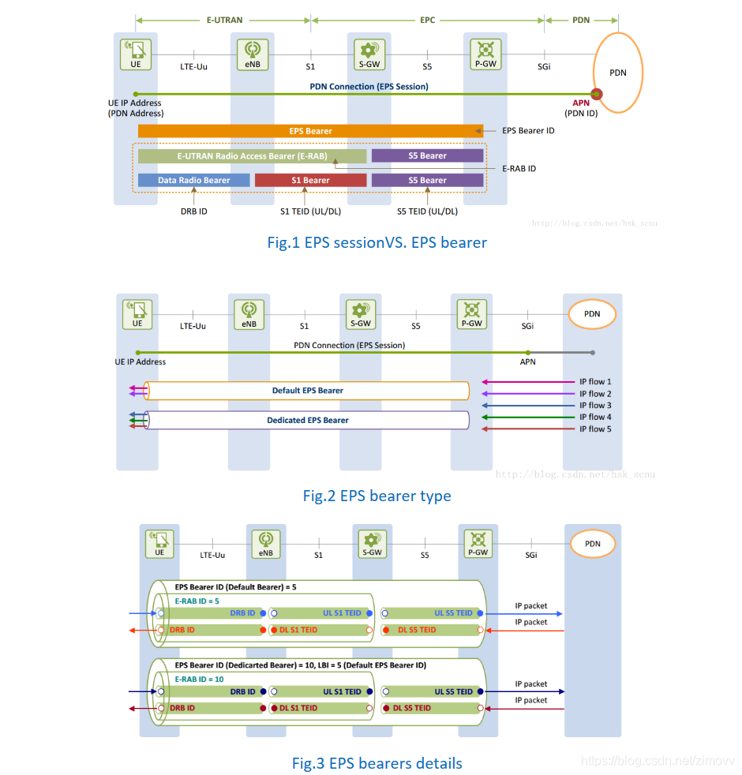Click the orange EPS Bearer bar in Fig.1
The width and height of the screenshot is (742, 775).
point(310,131)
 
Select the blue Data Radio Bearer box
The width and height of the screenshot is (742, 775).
point(193,181)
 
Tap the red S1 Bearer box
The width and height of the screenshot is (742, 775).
point(310,181)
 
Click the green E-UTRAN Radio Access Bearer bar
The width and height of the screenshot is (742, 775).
point(251,156)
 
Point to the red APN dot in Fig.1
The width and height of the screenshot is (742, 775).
point(597,95)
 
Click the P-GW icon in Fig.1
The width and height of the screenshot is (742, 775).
point(485,54)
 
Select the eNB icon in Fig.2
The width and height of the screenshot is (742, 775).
point(249,313)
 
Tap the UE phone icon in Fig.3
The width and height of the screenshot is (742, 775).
point(159,542)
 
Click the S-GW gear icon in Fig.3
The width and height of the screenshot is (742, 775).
point(372,542)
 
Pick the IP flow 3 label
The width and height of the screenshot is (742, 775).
point(594,406)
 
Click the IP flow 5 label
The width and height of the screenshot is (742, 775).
point(594,429)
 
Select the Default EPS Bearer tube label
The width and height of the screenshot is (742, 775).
point(307,391)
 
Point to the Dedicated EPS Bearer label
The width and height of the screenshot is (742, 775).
point(307,421)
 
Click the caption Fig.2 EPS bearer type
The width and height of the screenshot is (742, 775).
point(377,496)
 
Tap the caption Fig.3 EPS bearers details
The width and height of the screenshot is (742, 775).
point(377,763)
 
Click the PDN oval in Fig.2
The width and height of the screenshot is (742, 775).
point(591,314)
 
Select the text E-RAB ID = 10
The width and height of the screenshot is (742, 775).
point(199,679)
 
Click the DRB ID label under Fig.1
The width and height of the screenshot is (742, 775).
point(193,212)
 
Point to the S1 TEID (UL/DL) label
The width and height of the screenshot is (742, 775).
point(310,212)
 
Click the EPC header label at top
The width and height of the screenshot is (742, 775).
point(427,19)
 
